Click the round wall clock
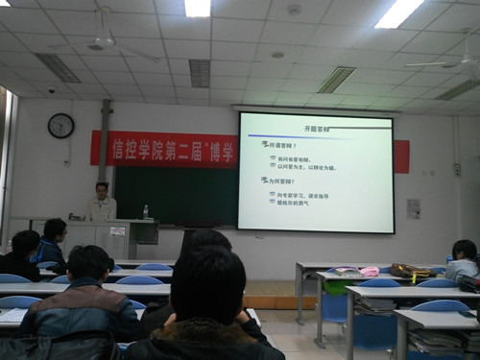(x=60, y=126)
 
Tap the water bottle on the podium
(x=145, y=211)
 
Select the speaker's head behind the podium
(x=102, y=190)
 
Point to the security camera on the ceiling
(x=51, y=90)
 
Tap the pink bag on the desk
(x=369, y=272)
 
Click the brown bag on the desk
(x=409, y=272)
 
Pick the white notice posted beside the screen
(x=413, y=208)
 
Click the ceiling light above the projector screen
(x=398, y=13)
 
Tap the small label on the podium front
(x=116, y=232)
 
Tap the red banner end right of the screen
(x=401, y=156)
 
